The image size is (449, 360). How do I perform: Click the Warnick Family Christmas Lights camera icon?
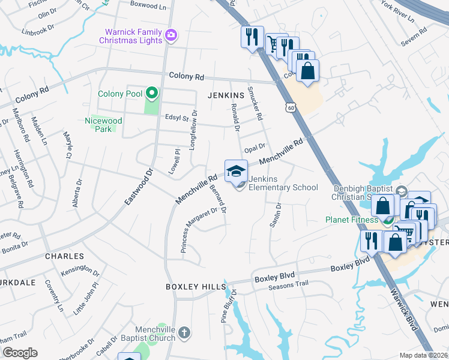point(171,35)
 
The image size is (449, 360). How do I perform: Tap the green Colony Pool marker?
point(152,94)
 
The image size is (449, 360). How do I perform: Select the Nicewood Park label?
point(103,125)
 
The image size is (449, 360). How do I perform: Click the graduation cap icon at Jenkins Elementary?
point(236,170)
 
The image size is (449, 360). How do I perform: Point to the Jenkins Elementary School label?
point(283,183)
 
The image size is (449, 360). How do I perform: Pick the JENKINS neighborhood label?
point(226,95)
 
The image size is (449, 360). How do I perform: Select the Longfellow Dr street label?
point(193,129)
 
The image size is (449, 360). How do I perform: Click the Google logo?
point(20,353)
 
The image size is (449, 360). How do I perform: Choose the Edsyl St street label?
point(176,119)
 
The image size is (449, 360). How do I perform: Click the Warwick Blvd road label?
point(403,312)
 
